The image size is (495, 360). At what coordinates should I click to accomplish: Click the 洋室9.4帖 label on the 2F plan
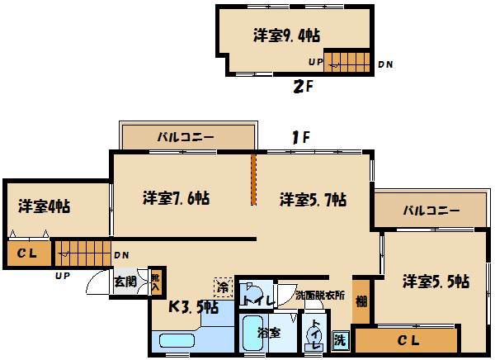coord(286,36)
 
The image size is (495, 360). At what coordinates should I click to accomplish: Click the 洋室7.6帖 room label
coord(176,198)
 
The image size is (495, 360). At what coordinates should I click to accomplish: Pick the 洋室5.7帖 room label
coord(312,199)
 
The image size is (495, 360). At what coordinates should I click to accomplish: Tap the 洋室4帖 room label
coord(44,206)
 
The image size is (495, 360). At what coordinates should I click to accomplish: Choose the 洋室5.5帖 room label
coord(436,281)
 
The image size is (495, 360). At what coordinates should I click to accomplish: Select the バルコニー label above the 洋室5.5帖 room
coord(431,211)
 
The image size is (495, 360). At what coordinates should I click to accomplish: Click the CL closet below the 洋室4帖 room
coord(26,253)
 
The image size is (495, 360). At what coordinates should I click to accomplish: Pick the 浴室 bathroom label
coord(268,334)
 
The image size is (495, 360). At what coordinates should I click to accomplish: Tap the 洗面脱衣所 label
coord(320,296)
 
